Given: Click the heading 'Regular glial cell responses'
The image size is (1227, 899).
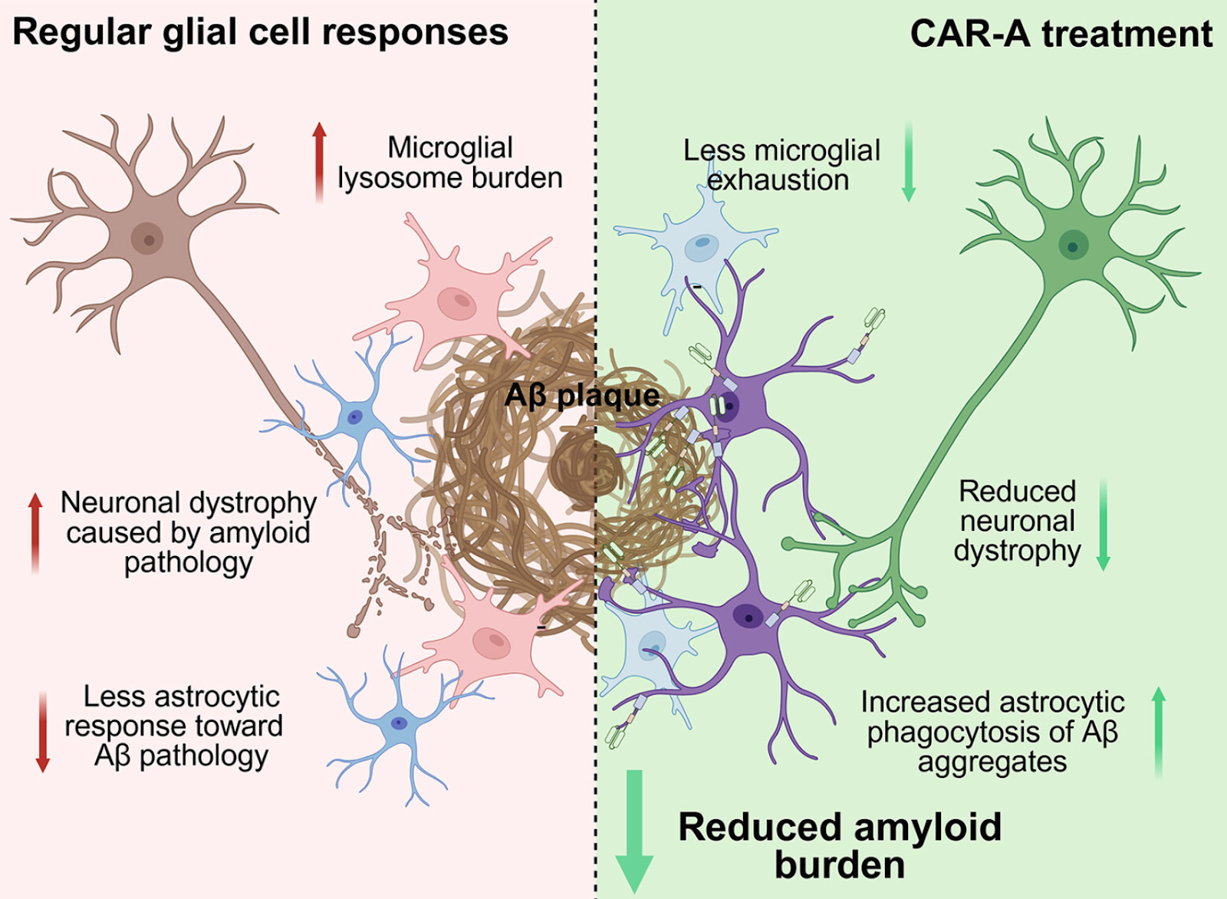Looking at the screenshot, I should [261, 32].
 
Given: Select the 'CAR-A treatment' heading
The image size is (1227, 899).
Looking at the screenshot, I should [1061, 34].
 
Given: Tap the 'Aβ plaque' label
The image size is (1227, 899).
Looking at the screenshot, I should [582, 396].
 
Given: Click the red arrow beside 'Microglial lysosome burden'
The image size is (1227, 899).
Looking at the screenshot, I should [320, 161].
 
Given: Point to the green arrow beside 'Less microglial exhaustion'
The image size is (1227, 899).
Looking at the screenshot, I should [909, 161].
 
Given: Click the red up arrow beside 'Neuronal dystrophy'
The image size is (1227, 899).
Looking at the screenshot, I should [35, 532].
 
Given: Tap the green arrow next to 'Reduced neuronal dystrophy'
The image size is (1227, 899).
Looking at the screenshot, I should [1104, 525].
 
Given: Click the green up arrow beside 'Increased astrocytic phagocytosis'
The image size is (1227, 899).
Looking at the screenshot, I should [1158, 732].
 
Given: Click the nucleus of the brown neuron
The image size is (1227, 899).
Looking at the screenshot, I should [147, 239].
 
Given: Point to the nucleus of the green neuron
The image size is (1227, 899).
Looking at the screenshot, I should [1073, 246].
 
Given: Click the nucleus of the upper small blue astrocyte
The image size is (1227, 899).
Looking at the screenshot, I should [354, 417].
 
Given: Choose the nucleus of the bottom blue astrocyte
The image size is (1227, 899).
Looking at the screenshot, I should [399, 723].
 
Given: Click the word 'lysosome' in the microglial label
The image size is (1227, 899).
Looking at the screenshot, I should [400, 178].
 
